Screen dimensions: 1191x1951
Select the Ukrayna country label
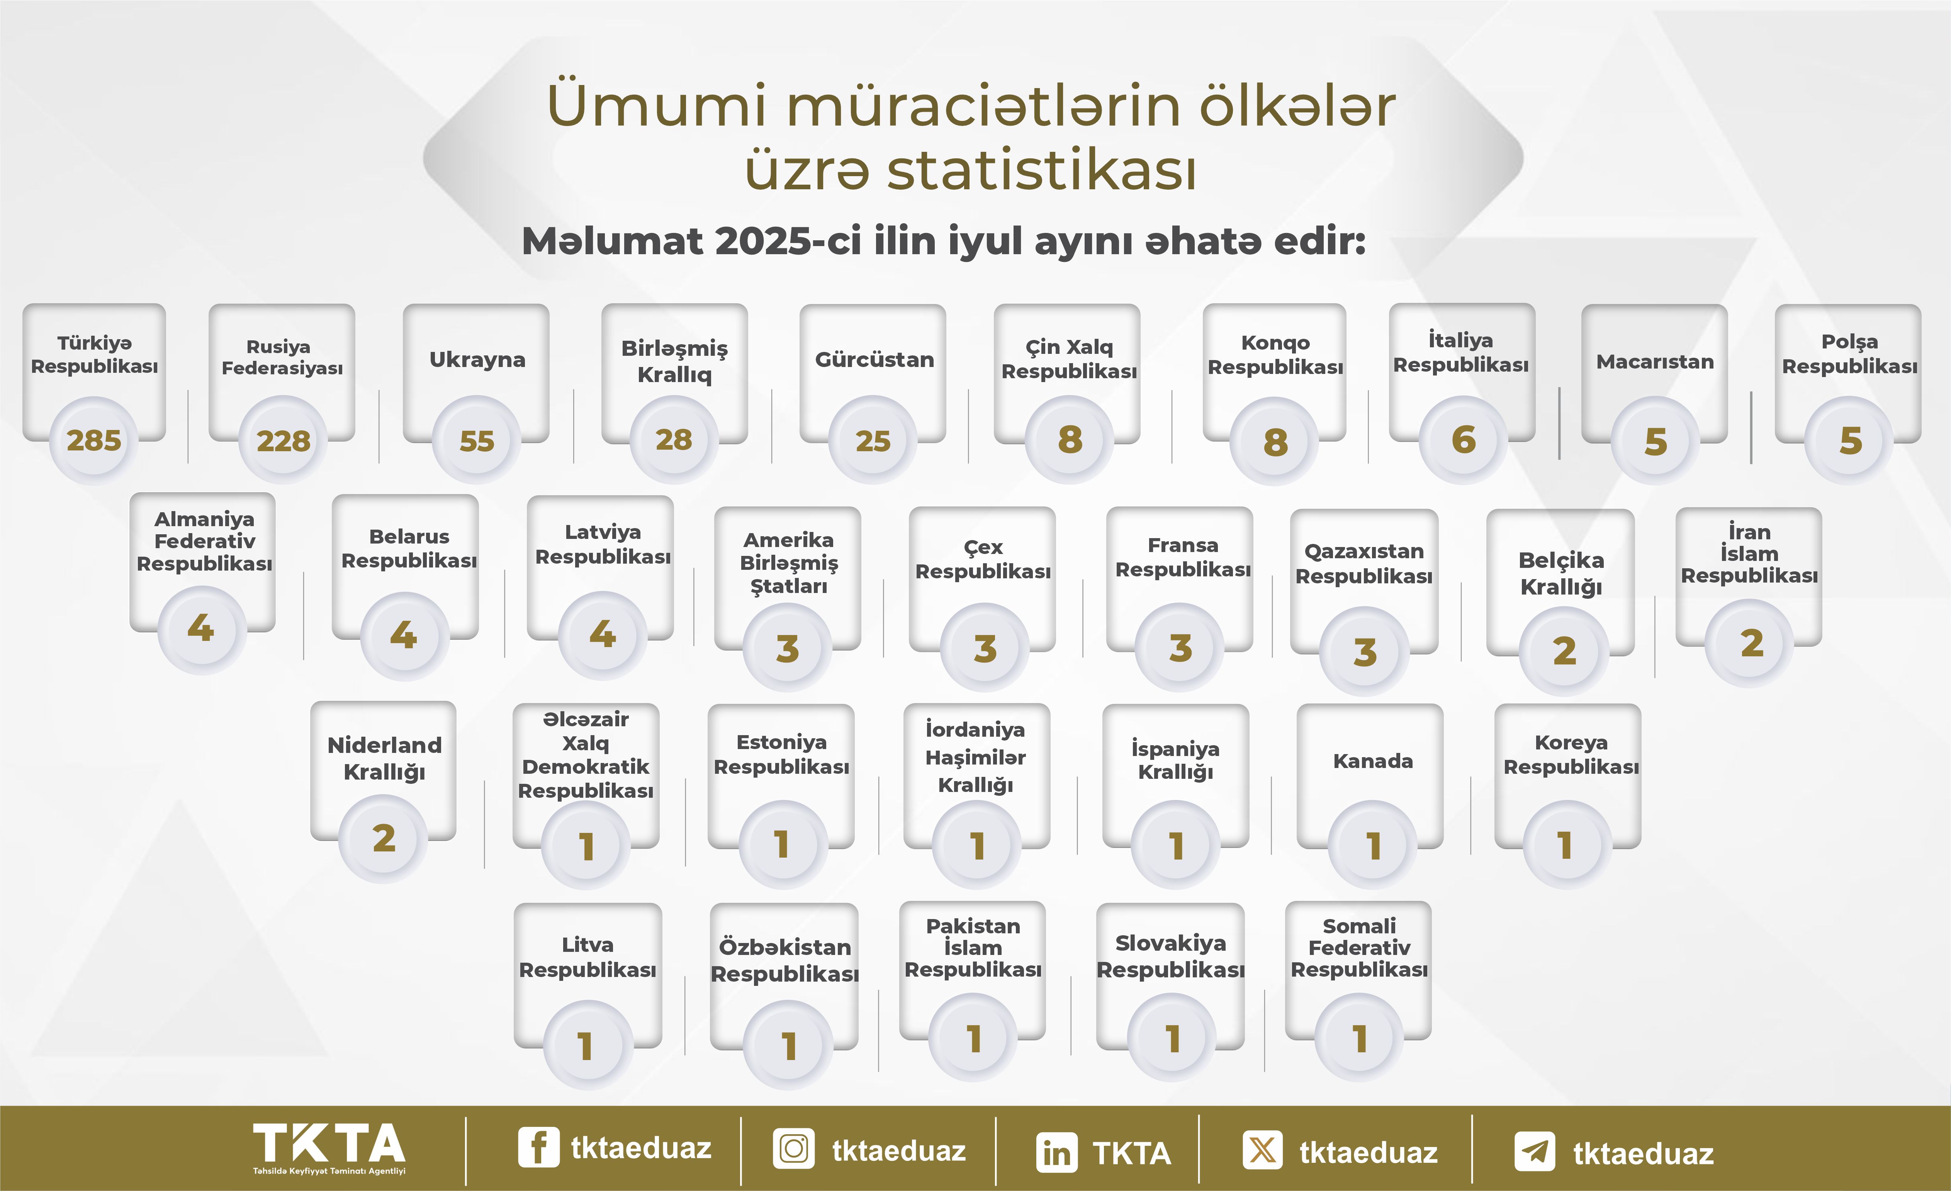tap(477, 360)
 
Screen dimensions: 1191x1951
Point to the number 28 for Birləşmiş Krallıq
tap(674, 440)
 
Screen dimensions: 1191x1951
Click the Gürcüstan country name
tap(874, 360)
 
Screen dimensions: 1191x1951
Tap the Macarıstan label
tap(1655, 362)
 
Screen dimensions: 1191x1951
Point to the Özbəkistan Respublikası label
tap(784, 960)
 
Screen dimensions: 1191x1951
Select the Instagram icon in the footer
tap(793, 1149)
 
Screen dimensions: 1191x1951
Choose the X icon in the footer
tap(1263, 1150)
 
